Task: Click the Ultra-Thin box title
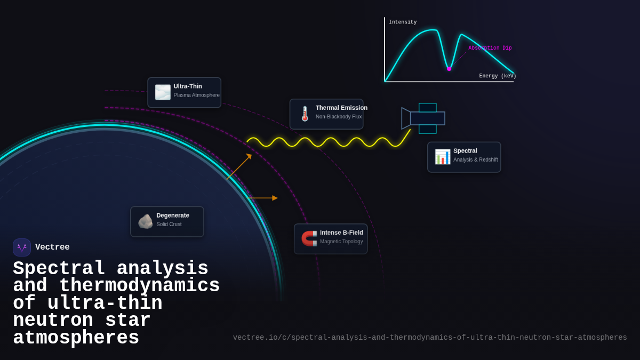tap(188, 86)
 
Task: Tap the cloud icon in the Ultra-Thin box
tap(163, 92)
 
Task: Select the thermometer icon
tap(305, 114)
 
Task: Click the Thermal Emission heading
tap(341, 108)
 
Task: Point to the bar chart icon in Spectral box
tap(442, 157)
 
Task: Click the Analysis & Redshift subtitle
tap(475, 160)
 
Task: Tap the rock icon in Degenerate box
tap(145, 221)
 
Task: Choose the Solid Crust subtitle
tap(169, 225)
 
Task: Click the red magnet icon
tap(309, 238)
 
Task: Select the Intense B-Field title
tap(341, 233)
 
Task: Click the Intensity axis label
tap(403, 22)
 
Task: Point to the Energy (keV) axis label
tap(497, 76)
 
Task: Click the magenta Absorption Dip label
tap(490, 48)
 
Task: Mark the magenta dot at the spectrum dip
tap(449, 69)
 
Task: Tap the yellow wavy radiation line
tap(325, 142)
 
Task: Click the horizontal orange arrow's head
tap(275, 198)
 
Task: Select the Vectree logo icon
tap(22, 247)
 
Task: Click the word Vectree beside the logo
tap(52, 247)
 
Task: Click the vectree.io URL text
tap(429, 338)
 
